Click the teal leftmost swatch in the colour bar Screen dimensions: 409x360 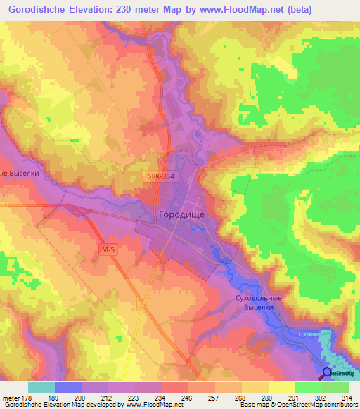[x=41, y=387]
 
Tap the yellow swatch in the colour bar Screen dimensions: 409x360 [x=281, y=387]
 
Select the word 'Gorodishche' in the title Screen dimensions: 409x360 [x=37, y=11]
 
